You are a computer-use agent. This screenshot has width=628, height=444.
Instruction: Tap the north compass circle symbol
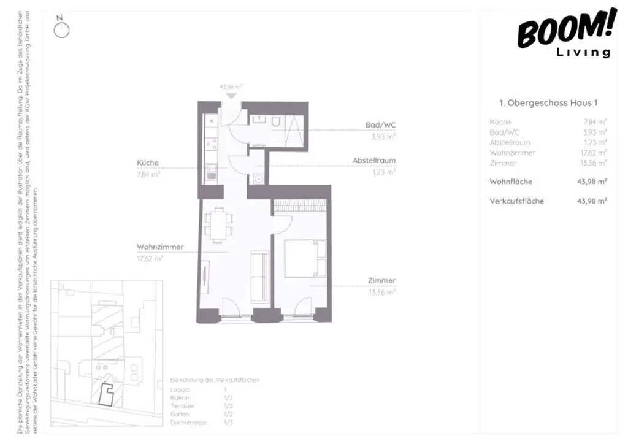click(62, 30)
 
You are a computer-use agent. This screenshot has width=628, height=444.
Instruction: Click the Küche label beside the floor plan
click(148, 163)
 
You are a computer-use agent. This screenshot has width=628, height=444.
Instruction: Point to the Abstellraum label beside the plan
click(373, 161)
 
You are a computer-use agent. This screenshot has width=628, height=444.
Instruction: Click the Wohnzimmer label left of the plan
click(160, 247)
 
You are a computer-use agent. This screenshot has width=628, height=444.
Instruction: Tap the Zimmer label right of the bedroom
click(381, 281)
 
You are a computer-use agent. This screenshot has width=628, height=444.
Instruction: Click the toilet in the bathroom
click(277, 124)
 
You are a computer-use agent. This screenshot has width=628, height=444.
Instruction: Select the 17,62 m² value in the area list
click(594, 153)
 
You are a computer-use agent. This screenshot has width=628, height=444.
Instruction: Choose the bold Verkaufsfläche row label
click(516, 201)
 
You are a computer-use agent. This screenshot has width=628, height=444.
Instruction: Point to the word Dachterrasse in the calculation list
click(189, 423)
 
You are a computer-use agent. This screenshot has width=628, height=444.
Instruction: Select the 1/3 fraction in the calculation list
click(228, 423)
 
